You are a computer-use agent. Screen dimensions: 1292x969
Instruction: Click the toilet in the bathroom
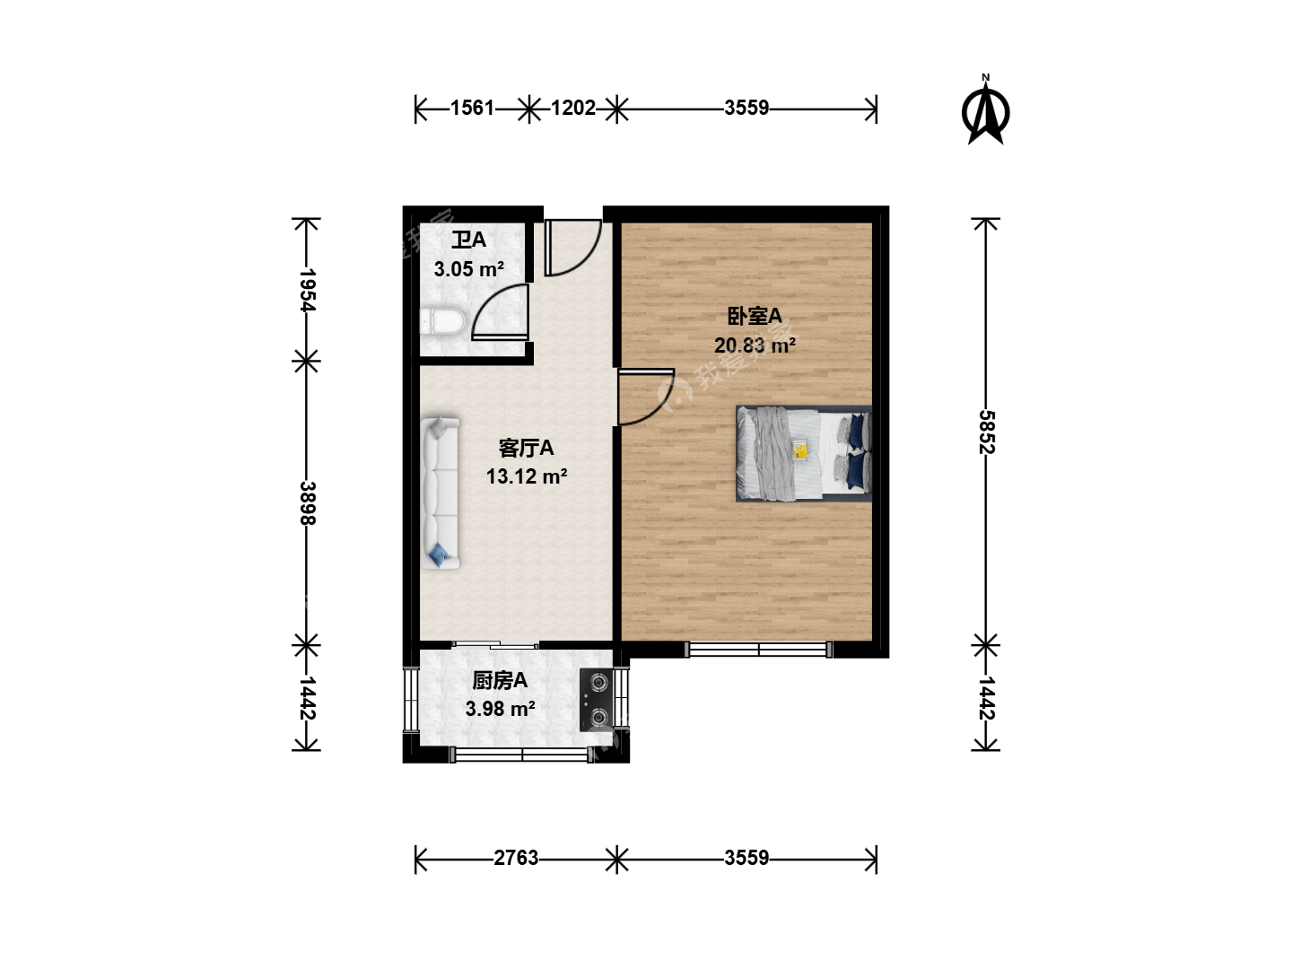tap(442, 321)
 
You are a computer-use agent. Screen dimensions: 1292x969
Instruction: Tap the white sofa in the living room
tap(440, 493)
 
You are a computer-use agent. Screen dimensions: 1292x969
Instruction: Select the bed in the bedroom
tap(803, 453)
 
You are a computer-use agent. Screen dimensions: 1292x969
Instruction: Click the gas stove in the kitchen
tap(597, 700)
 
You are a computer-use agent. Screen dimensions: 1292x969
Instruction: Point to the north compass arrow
tap(986, 112)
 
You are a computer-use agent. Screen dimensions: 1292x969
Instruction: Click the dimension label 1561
tap(472, 109)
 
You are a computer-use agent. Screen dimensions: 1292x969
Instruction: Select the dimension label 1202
tap(573, 109)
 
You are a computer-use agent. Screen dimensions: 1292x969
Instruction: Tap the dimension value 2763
tap(516, 859)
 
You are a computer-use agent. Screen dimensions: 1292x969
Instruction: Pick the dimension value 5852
tap(986, 432)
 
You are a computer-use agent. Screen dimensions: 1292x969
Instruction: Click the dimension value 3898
tap(307, 503)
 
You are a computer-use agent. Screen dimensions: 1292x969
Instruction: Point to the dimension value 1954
tap(307, 291)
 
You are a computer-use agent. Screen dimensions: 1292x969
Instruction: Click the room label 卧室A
tap(755, 317)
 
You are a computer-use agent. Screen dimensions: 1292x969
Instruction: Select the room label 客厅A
tap(526, 449)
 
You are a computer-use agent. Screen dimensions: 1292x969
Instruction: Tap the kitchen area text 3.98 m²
tap(501, 709)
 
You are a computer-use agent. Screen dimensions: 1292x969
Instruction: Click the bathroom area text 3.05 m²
tap(469, 269)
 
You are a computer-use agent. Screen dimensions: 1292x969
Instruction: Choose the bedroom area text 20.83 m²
tap(755, 345)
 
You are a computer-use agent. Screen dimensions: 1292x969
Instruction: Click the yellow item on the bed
tap(800, 451)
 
